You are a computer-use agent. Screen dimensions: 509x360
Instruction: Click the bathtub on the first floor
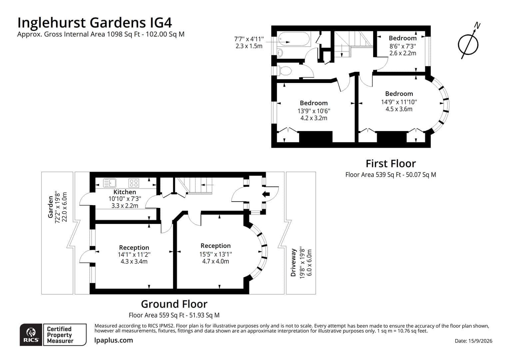(x=293, y=39)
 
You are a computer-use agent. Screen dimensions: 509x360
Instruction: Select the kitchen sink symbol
(x=110, y=183)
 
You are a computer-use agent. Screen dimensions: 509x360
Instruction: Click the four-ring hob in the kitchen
(x=134, y=183)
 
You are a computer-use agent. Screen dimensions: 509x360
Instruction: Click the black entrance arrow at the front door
(x=266, y=194)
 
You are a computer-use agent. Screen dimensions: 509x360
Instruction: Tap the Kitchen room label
(x=125, y=192)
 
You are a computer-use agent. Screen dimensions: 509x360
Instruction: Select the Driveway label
(x=293, y=262)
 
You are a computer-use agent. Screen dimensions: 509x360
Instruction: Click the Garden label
(x=50, y=207)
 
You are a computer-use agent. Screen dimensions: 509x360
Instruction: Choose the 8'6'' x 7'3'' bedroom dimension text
(x=403, y=46)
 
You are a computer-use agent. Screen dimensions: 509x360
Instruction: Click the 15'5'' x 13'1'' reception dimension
(x=216, y=254)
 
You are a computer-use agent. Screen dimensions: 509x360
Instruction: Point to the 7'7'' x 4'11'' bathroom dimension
(x=249, y=39)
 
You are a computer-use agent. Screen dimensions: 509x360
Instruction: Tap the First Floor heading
(x=391, y=164)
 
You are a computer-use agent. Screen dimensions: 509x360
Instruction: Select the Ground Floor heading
(x=174, y=304)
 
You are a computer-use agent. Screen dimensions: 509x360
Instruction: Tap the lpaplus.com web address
(x=114, y=340)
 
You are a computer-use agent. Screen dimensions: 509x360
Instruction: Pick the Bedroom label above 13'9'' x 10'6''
(x=313, y=103)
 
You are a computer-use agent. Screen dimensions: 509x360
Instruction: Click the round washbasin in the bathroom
(x=280, y=53)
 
